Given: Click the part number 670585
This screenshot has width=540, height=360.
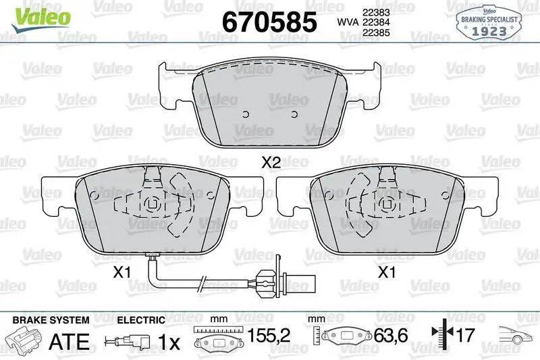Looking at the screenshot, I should point(269,22).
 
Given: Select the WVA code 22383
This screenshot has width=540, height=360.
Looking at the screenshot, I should point(376,11).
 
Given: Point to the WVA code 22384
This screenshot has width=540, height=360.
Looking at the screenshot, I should point(376,23).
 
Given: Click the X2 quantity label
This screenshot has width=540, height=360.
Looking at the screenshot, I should point(271,162).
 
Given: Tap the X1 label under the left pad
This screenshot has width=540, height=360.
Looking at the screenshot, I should point(121,273).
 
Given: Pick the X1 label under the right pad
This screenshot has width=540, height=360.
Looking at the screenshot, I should point(385,273).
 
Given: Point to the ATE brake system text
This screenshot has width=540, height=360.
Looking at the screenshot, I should point(70,340).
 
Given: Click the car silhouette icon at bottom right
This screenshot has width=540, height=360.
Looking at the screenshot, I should point(516,335).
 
